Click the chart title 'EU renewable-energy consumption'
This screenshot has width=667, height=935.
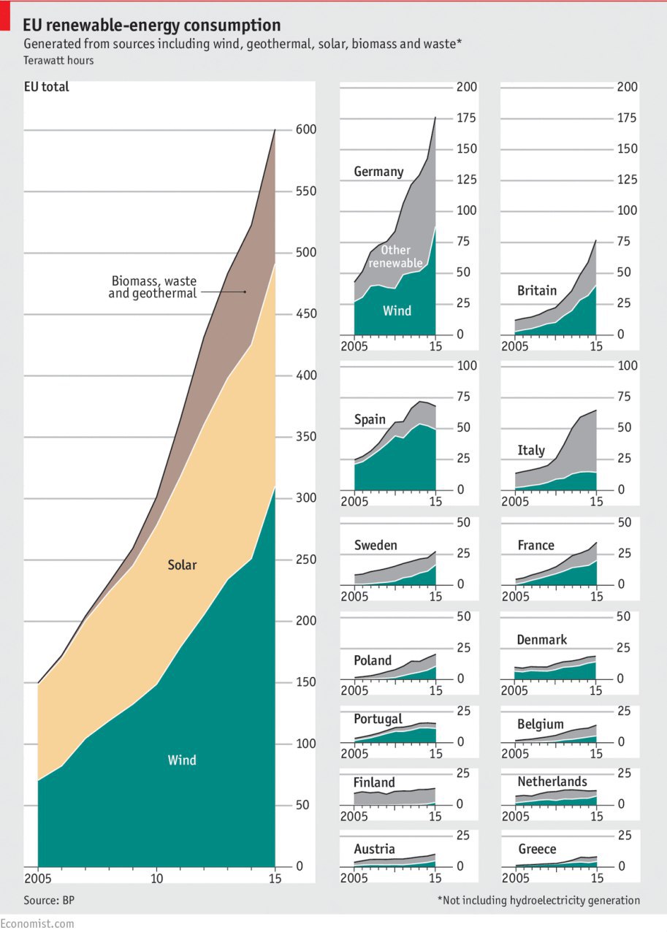pos(151,26)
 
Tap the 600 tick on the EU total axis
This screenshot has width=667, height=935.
pos(305,130)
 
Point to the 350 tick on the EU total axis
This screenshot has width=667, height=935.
pos(305,438)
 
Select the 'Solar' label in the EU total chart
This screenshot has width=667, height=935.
pos(182,565)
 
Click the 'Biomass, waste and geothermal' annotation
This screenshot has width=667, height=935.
pos(154,287)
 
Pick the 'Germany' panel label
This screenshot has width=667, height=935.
pos(378,172)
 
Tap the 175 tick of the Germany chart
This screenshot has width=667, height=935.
pos(467,118)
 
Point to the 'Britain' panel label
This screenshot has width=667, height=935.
pos(537,291)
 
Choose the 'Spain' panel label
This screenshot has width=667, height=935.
pos(370,420)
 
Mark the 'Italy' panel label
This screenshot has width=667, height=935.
pos(531,450)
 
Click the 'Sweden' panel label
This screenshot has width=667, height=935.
pos(376,546)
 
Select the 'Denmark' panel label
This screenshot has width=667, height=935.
pos(541,640)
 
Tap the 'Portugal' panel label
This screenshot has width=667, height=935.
pos(378,720)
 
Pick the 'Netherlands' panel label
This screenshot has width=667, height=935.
pos(552,782)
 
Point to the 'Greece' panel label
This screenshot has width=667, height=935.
pos(537,850)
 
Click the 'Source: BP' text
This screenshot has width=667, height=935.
pos(49,900)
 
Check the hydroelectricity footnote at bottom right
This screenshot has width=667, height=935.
pos(538,900)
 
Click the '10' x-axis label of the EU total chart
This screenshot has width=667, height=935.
pos(156,877)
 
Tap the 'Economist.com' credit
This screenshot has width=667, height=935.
pos(37,923)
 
